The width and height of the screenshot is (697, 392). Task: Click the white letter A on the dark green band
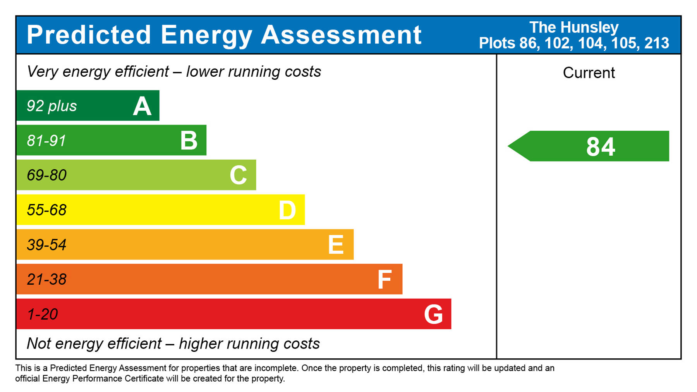pos(142,106)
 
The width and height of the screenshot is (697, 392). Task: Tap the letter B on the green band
pos(189,141)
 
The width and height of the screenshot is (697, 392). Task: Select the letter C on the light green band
pos(238,175)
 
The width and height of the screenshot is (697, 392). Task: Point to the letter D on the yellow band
pos(287,210)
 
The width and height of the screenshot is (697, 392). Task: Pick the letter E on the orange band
pos(336,245)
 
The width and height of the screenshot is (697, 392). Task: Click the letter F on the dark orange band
pos(385,280)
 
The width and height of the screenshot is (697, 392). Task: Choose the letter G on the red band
pos(433,314)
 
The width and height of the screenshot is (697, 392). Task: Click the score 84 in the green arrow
pos(601,147)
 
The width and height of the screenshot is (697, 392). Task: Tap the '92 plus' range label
pos(52,106)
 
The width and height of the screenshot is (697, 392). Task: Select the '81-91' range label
pos(46,141)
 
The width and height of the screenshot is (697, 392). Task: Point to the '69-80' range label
pos(47,175)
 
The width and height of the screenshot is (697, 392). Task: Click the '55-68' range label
pos(47,210)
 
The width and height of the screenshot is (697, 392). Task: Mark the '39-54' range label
pos(47,245)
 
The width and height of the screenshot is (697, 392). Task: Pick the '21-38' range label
pos(47,279)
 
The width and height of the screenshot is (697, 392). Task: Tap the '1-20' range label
pos(43,314)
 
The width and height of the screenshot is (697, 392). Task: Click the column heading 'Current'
pos(589,73)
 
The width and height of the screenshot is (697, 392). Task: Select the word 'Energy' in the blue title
pos(206,36)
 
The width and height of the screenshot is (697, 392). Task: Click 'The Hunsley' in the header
pos(574,28)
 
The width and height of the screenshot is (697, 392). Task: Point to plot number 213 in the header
pos(657,43)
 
